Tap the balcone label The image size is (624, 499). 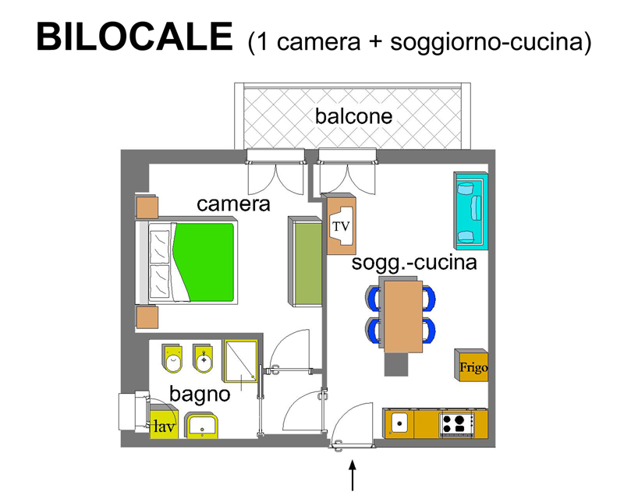[x=354, y=116]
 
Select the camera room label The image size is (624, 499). [x=233, y=204]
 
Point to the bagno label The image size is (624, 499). [x=200, y=395]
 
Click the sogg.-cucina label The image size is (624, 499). [x=414, y=263]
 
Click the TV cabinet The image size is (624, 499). [x=341, y=224]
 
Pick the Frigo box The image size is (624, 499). [x=472, y=366]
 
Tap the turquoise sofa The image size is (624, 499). [x=471, y=211]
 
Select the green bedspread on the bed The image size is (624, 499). [x=204, y=262]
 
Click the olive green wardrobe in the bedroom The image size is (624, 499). [x=306, y=261]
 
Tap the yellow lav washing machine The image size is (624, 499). [x=164, y=425]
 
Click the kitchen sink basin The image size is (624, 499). [x=399, y=423]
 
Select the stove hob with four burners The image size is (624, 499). [x=457, y=424]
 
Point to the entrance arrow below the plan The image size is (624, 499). [x=353, y=475]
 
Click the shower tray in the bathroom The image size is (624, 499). [x=241, y=360]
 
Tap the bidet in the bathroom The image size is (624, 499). [x=204, y=359]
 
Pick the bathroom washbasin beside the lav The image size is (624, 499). [x=202, y=426]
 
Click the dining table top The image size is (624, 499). [x=403, y=317]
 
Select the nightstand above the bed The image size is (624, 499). [x=147, y=207]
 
